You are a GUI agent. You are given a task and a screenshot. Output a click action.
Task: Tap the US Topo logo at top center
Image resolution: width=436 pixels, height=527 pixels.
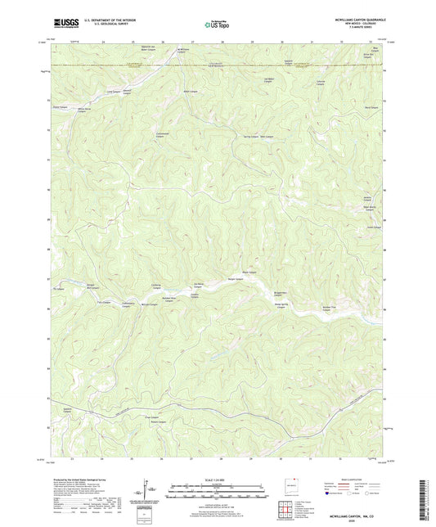(x=216, y=25)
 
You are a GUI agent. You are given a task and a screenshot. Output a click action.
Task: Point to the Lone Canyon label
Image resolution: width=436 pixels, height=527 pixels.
(x=102, y=93)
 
